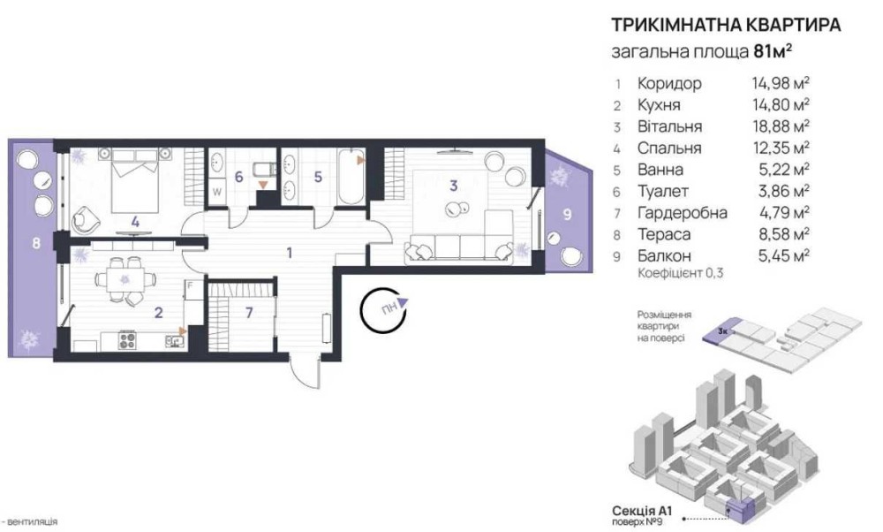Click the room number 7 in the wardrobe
[249, 312]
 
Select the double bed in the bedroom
[135, 181]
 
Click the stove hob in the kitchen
[127, 340]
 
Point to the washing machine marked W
[217, 192]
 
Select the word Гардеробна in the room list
[682, 212]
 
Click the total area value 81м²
[773, 51]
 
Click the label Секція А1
[642, 511]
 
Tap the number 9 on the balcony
[567, 214]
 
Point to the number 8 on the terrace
[36, 243]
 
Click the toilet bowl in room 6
[263, 168]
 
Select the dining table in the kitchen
[125, 278]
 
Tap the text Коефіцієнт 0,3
[680, 273]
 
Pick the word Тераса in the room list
[663, 234]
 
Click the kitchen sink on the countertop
[174, 340]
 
